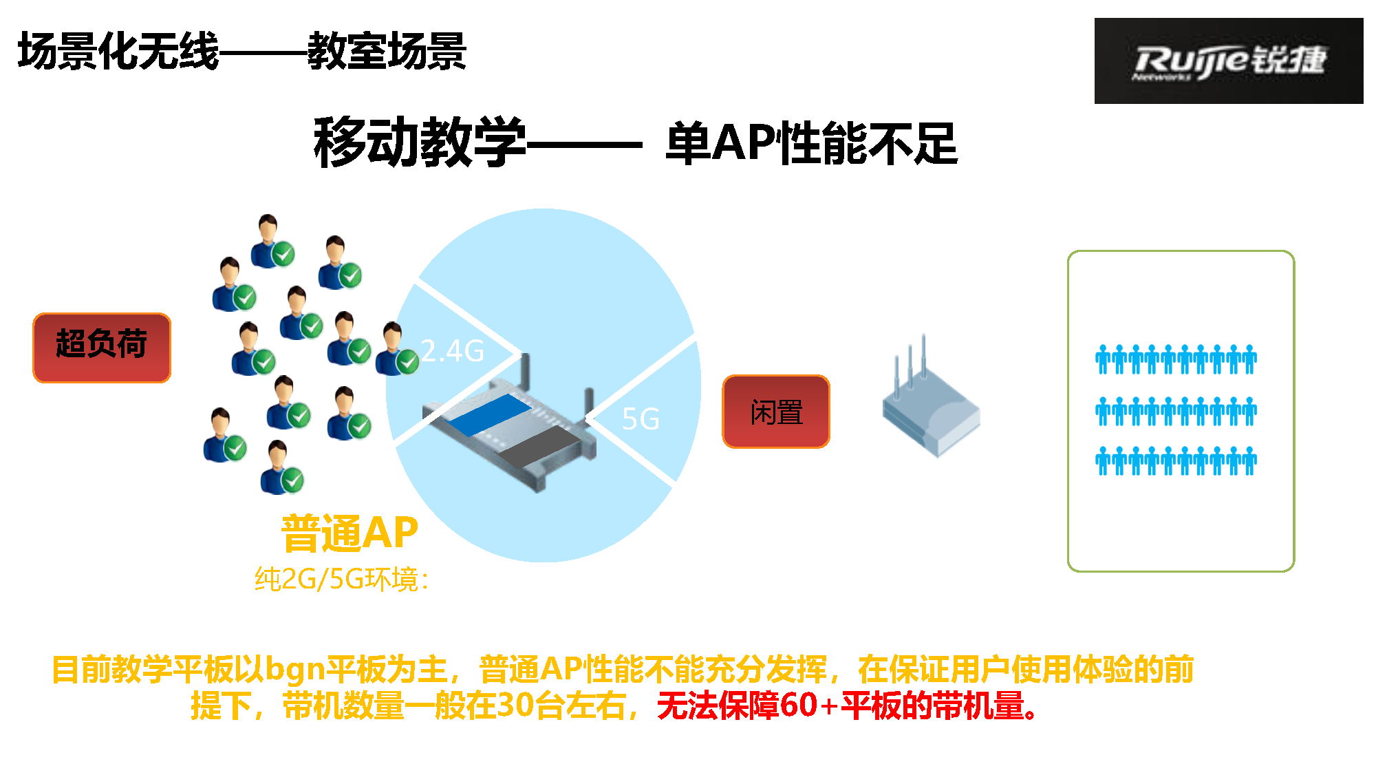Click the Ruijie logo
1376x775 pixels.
point(1229,61)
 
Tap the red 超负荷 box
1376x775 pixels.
point(102,348)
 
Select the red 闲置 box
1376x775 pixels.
point(776,412)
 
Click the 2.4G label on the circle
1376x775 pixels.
point(452,351)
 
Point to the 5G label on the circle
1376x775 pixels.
point(641,419)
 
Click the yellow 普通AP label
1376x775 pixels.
point(350,533)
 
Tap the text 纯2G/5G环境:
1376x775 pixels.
point(342,580)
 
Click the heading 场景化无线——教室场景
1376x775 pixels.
point(242,51)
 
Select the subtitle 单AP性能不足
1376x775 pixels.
point(812,143)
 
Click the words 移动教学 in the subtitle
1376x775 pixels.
point(420,142)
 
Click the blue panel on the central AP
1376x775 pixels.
point(489,414)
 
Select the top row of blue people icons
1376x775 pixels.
point(1176,359)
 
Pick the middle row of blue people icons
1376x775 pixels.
point(1176,411)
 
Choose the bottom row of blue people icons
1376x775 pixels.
point(1176,460)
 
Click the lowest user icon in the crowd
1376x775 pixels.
point(282,467)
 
